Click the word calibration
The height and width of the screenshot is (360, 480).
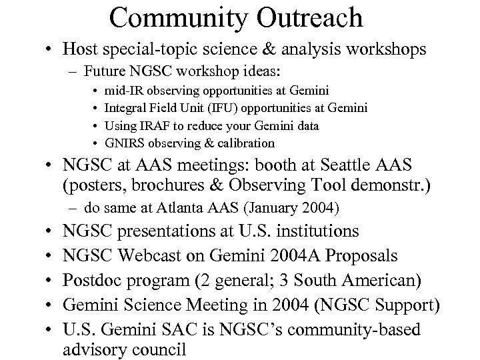pyautogui.click(x=243, y=143)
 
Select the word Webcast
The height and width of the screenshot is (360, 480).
pyautogui.click(x=153, y=257)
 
